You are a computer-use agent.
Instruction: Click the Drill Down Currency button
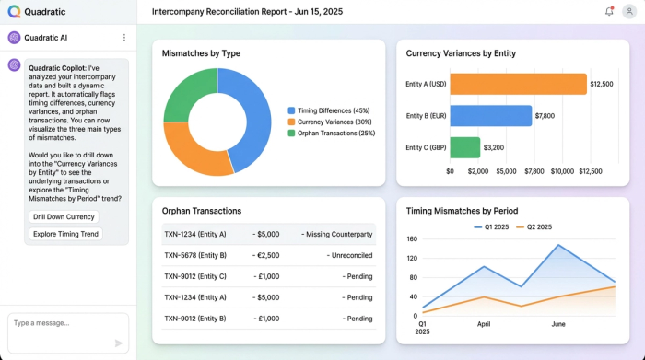click(x=63, y=217)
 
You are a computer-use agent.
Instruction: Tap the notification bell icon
click(x=609, y=11)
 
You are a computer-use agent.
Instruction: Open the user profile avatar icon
click(x=629, y=11)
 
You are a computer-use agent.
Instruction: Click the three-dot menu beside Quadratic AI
click(x=124, y=38)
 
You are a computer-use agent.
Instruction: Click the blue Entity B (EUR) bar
click(x=490, y=116)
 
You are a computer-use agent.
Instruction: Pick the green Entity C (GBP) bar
click(x=464, y=147)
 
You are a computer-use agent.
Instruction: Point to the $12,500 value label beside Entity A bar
click(x=602, y=84)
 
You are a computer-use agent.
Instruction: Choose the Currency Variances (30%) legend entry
click(x=334, y=122)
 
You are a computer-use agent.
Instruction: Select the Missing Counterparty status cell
click(x=338, y=234)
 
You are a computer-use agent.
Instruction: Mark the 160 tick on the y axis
click(x=412, y=239)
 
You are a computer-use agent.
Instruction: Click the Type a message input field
click(x=60, y=324)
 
